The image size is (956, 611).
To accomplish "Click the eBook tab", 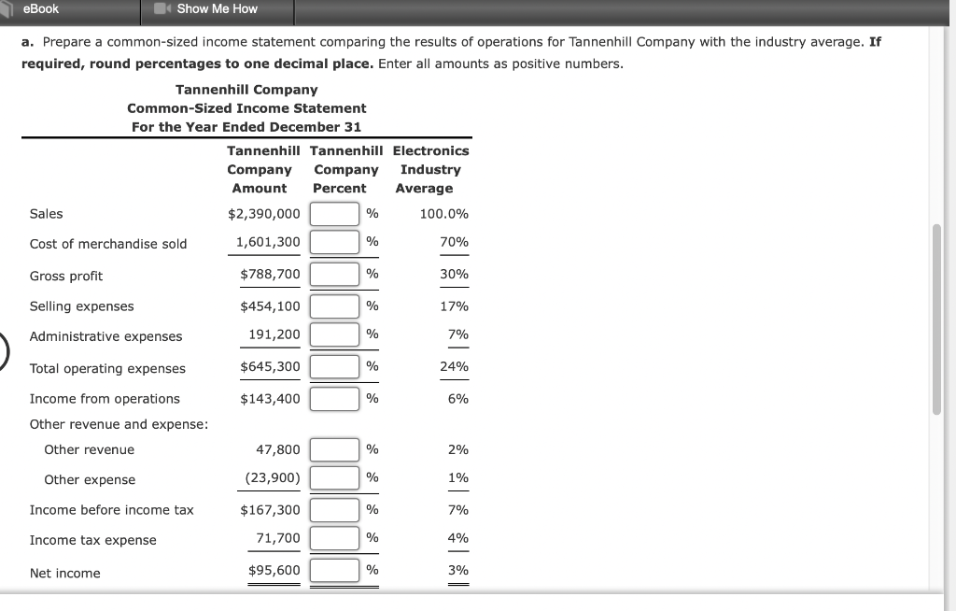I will (42, 9).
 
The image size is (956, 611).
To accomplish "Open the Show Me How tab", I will (217, 9).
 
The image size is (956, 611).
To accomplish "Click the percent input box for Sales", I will (334, 213).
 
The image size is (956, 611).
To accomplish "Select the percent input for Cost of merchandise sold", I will (334, 242).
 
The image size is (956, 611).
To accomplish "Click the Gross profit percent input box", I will (334, 274).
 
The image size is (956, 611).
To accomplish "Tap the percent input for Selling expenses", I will (334, 305).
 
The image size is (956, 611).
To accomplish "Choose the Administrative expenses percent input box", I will (334, 334).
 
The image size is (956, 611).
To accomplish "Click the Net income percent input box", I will (334, 570).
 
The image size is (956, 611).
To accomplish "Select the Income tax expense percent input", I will (334, 538).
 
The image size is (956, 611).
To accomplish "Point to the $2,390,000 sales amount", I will (264, 214).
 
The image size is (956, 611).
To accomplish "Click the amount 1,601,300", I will (268, 242).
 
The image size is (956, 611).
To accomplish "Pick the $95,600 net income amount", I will (274, 570).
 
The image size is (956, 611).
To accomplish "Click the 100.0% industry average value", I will (443, 214).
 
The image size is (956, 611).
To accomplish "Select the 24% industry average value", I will (454, 366).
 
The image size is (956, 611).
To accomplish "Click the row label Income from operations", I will (105, 399).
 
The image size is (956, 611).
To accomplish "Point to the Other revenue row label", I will (90, 450).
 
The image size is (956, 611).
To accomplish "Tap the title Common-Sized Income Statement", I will (246, 108).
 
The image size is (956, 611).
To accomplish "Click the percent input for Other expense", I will (334, 478).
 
